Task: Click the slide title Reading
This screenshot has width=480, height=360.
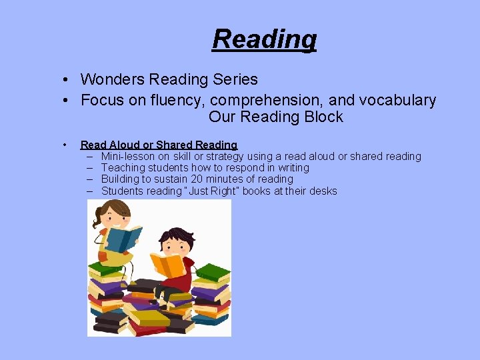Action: (x=264, y=39)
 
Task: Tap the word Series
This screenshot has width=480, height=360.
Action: (x=237, y=79)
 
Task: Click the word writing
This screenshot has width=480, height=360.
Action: (x=291, y=167)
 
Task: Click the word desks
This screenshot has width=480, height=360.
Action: (x=323, y=191)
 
